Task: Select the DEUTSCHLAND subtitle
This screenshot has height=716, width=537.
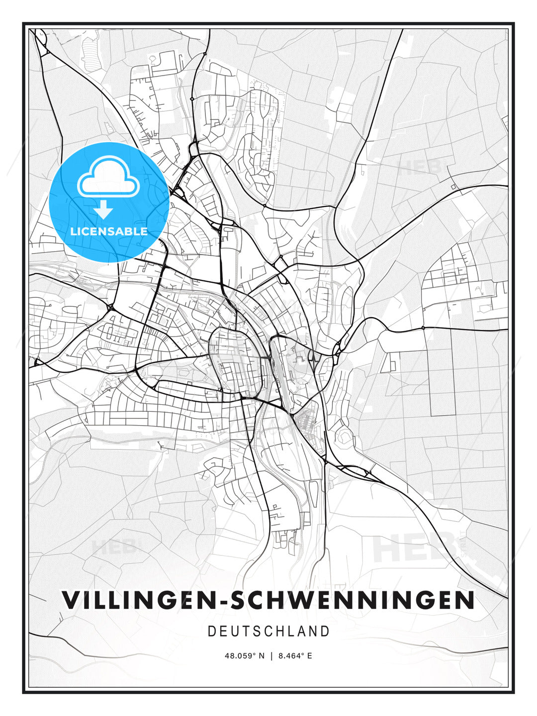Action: click(268, 631)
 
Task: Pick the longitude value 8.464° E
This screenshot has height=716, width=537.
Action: click(295, 656)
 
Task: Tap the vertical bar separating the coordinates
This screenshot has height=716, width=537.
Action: click(271, 656)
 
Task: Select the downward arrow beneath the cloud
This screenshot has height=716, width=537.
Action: click(103, 210)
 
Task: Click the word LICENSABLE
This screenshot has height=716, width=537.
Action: click(109, 231)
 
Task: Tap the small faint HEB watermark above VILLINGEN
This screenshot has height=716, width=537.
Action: click(113, 547)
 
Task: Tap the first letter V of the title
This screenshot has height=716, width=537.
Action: click(71, 600)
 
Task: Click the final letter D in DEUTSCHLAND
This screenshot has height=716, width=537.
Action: click(325, 631)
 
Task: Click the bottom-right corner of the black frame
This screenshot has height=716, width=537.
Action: click(513, 692)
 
